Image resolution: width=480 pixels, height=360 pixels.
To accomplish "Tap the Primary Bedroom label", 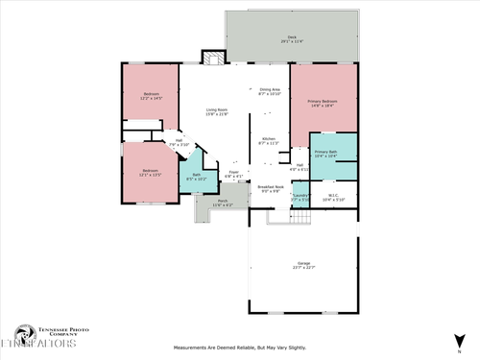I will point(322,103).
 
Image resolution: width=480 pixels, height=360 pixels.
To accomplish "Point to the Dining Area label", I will point(271,91).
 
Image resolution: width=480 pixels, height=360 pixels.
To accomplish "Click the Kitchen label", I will point(269,141).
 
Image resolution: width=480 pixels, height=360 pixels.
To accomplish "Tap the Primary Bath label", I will point(326,153).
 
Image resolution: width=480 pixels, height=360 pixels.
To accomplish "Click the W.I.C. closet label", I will point(333,197).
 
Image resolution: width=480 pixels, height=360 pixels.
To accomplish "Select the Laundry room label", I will point(300,198).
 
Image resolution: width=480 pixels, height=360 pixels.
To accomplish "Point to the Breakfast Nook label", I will point(271,189).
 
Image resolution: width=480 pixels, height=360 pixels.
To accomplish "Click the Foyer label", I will point(233,174).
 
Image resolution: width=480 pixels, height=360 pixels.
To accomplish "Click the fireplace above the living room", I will point(211,57).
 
